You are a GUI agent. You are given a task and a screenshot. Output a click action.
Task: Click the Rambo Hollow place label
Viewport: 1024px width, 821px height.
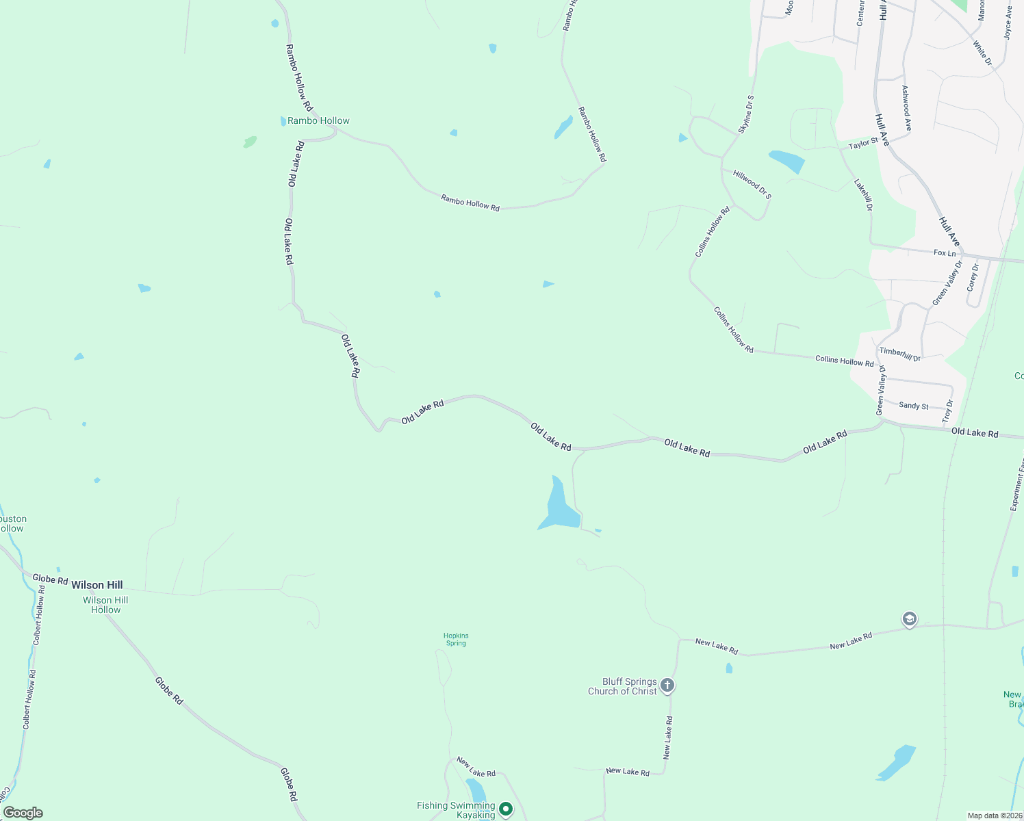318,121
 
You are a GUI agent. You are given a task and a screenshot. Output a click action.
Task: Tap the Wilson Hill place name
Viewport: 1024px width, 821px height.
97,585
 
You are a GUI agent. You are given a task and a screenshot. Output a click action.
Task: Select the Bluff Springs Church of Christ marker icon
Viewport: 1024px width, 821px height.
667,686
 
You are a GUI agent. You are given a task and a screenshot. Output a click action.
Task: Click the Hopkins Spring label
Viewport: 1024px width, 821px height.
456,639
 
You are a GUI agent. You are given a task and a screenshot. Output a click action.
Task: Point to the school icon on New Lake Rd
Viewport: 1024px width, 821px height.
909,620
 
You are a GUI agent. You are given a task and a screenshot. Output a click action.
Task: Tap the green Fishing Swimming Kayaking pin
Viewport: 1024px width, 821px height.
506,809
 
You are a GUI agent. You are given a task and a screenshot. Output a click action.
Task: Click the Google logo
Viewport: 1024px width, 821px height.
23,813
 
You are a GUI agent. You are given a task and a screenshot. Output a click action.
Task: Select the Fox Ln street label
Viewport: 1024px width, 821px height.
945,253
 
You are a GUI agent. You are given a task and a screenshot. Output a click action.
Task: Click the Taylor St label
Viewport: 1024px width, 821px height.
863,144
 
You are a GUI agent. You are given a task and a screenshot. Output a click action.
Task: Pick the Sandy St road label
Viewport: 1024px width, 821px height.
914,406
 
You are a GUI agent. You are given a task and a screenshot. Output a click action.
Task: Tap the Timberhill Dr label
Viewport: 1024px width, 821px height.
900,354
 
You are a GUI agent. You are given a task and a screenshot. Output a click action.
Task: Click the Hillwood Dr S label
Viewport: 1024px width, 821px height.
752,185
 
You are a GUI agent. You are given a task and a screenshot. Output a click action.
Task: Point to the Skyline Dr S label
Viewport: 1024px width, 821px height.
746,114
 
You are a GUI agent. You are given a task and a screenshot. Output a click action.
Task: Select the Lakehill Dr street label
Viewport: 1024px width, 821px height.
864,195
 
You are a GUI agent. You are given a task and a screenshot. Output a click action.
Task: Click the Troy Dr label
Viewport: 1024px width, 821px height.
947,411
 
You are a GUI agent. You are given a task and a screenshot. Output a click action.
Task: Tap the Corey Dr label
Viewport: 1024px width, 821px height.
973,277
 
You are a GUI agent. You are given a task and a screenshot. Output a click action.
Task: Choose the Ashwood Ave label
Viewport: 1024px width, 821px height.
906,108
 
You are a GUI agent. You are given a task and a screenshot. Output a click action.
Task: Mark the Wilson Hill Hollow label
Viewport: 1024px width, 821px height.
105,605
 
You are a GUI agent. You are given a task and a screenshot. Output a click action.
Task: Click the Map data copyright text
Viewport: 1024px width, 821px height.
993,816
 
